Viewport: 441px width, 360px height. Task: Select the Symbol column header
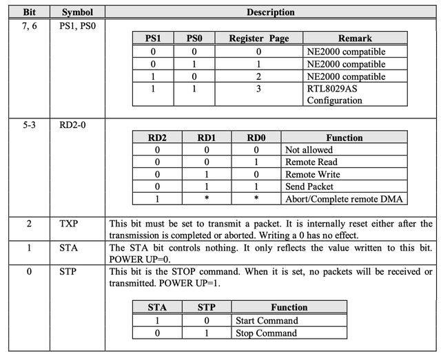point(77,12)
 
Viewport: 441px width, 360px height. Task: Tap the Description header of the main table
point(270,12)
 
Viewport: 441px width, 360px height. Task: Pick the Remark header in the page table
point(355,39)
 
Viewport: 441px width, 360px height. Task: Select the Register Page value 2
point(258,76)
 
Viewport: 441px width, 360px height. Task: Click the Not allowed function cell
point(309,149)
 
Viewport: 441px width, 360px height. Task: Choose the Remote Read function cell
point(311,162)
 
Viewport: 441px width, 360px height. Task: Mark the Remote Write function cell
point(312,174)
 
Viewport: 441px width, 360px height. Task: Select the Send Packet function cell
point(309,187)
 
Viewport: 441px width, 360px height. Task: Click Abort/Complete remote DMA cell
point(344,199)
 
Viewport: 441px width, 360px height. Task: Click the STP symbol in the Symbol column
point(74,273)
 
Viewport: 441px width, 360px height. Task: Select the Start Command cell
point(267,320)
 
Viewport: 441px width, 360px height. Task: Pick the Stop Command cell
point(266,333)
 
